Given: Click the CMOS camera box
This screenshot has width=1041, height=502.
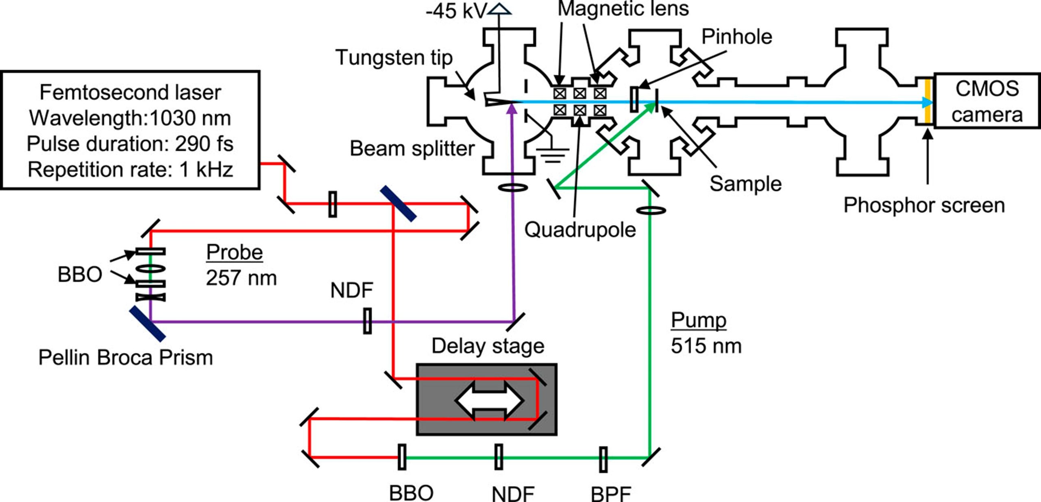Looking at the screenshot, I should click(987, 101).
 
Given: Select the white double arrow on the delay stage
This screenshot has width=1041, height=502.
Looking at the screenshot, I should click(489, 400).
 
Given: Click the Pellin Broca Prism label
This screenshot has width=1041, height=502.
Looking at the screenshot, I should click(126, 358).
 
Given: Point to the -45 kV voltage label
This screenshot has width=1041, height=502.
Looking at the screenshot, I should click(455, 11).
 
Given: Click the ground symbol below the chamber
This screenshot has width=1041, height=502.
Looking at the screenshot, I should click(552, 155).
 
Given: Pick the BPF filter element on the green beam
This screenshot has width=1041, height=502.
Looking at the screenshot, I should click(603, 459).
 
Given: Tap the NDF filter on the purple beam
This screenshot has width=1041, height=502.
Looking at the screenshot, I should click(367, 321).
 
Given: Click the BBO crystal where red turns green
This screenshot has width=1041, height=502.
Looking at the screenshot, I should click(402, 457).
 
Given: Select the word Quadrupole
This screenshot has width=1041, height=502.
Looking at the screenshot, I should click(580, 230).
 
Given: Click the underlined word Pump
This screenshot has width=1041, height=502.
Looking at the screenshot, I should click(698, 320).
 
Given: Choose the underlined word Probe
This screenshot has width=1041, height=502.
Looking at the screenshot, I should click(234, 252).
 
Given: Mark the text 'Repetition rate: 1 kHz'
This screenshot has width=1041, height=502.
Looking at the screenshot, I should click(130, 170).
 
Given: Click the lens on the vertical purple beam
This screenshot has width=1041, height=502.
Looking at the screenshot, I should click(513, 188).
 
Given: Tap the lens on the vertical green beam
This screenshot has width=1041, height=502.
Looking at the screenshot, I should click(651, 210).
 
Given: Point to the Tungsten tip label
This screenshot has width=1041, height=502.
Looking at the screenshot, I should click(394, 57).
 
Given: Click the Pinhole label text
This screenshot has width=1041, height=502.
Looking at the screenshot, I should click(736, 37).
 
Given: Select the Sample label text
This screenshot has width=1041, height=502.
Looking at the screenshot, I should click(745, 184).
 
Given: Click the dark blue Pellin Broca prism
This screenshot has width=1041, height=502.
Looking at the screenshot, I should click(147, 324).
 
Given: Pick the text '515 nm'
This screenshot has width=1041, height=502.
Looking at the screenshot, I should click(706, 346).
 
